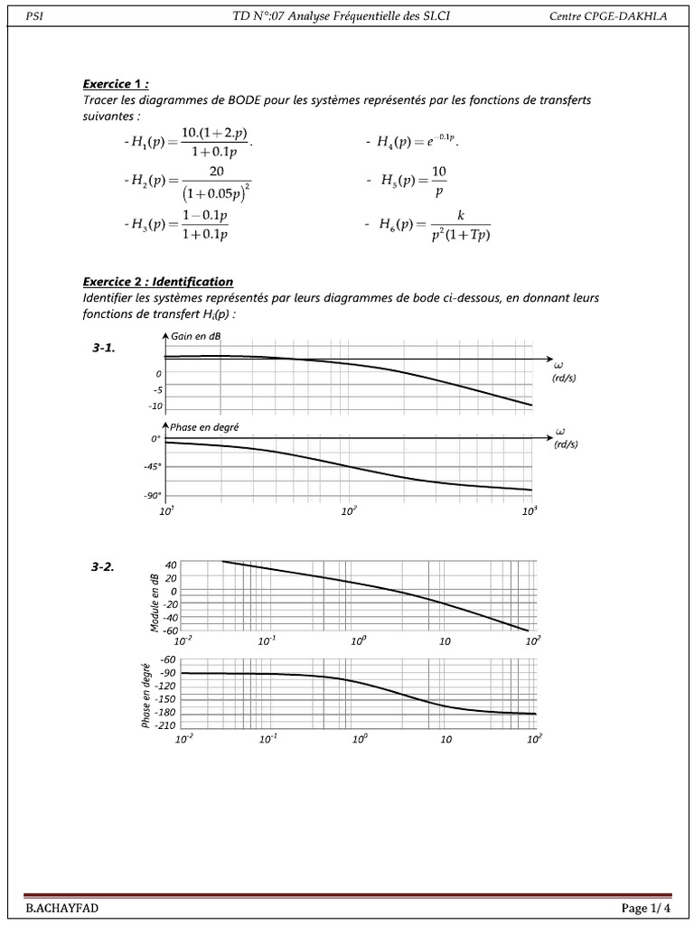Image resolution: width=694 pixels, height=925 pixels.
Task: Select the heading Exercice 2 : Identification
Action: [x=158, y=282]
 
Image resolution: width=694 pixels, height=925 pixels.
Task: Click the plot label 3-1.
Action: [x=104, y=349]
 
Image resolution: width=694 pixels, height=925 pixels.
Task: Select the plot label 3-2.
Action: [x=103, y=567]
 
